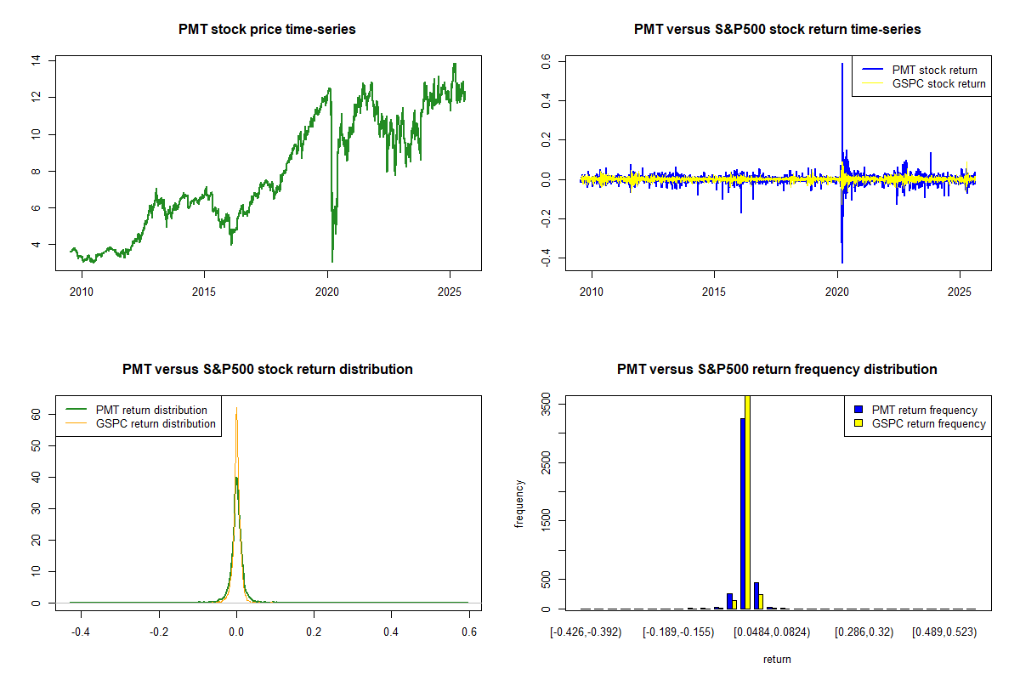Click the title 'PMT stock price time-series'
coord(267,30)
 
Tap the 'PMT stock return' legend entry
coord(934,70)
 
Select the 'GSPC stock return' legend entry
coord(938,83)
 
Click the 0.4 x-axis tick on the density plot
coord(391,632)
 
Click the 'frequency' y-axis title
coord(519,503)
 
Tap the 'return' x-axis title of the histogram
coord(777,659)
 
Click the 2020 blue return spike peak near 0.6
coord(841,65)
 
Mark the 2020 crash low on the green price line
coord(331,260)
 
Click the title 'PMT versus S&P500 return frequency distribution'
coord(777,370)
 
